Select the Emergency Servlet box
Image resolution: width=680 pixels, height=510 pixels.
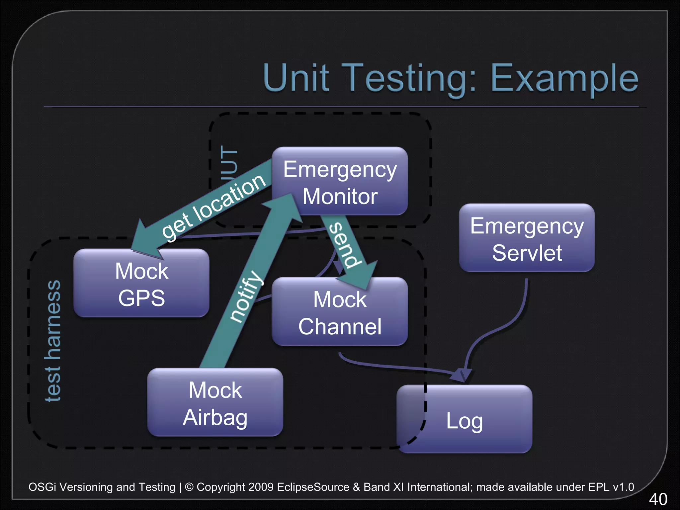coord(527,238)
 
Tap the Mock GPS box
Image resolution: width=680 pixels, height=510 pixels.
coord(141,283)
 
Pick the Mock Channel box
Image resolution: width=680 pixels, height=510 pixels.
coord(340,312)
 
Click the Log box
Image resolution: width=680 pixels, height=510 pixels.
coord(464,420)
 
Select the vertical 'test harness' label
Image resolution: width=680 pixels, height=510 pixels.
coord(53,341)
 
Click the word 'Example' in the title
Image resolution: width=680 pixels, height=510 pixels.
coord(564,78)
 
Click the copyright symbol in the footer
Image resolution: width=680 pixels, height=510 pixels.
coord(189,487)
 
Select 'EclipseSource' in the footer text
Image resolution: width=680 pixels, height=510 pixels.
coord(313,487)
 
